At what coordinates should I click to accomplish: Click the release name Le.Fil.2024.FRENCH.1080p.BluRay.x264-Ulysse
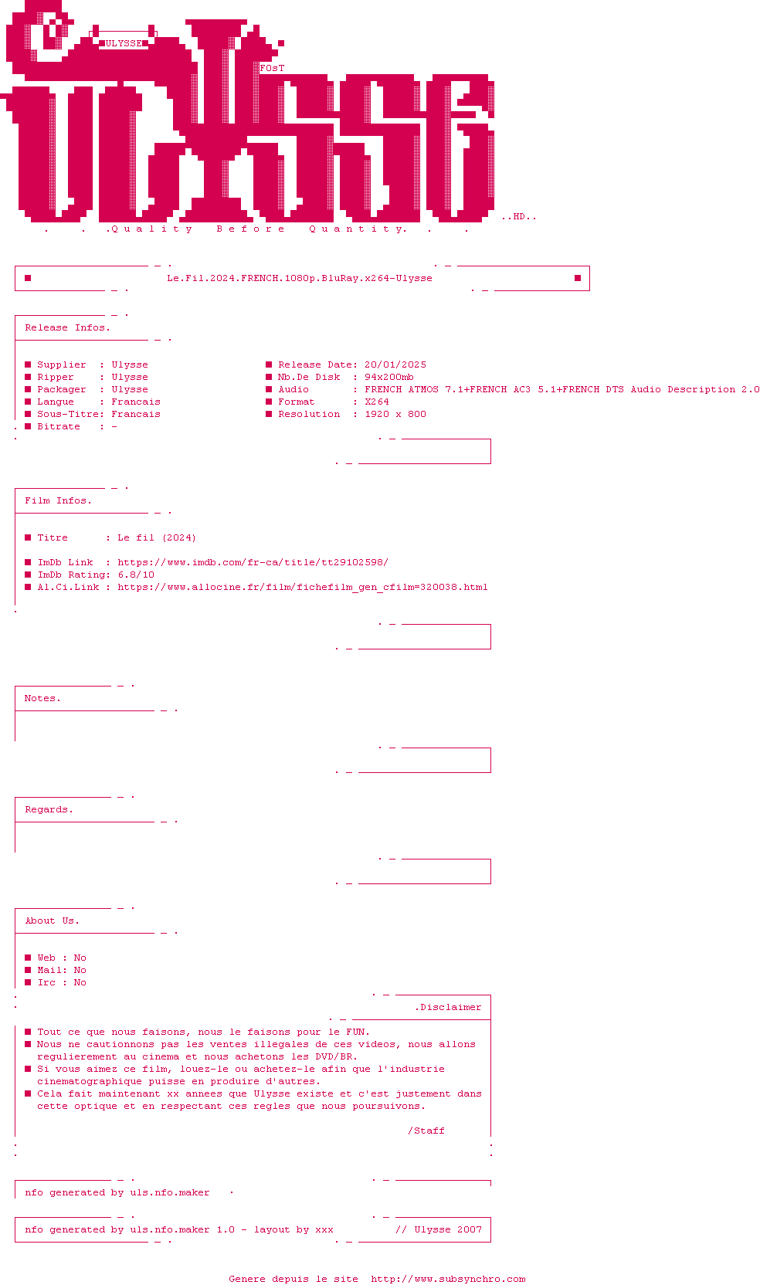pos(300,278)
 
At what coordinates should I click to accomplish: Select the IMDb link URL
pos(253,562)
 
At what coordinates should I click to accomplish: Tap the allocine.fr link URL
pos(303,587)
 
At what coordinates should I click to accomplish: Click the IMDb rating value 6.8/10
pos(136,575)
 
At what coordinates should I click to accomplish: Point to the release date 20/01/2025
pos(395,364)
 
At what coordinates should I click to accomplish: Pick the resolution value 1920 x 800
pos(395,414)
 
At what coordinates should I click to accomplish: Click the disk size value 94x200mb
pos(389,377)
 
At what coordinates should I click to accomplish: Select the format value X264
pos(377,402)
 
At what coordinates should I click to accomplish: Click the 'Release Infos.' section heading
pos(68,327)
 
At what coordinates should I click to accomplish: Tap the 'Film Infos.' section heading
pos(59,500)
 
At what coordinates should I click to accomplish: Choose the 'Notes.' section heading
pos(43,698)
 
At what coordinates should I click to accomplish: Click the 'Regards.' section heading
pos(49,809)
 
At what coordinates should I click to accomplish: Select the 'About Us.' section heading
pos(53,921)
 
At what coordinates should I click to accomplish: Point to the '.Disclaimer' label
pos(448,1007)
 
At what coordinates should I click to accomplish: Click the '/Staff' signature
pos(426,1131)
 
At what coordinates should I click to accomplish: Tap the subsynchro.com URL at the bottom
pos(448,1279)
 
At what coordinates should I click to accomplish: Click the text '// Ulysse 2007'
pos(439,1229)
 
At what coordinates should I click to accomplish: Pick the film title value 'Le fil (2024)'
pos(157,537)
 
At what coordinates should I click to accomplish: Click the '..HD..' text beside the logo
pos(519,217)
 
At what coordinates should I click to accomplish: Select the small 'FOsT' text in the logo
pos(272,68)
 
